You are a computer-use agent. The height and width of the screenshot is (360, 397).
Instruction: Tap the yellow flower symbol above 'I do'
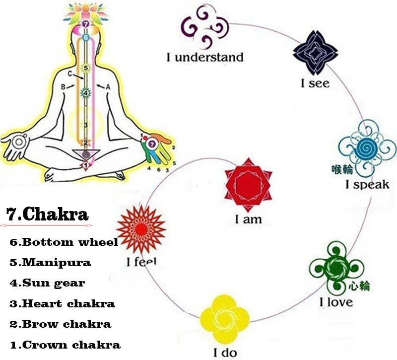tap(224, 318)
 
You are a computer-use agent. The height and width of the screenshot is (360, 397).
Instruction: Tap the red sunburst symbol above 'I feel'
tap(141, 229)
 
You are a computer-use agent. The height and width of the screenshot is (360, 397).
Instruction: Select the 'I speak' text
tap(367, 185)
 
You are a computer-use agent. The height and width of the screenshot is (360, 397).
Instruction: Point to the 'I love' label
tap(336, 302)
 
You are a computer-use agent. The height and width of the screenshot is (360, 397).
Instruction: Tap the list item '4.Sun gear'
tap(48, 283)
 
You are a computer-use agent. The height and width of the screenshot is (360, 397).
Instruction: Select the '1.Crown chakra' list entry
tap(65, 345)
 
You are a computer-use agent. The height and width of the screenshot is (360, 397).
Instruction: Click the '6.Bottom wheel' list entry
tap(64, 242)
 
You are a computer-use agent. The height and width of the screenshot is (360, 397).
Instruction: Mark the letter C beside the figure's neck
tap(70, 74)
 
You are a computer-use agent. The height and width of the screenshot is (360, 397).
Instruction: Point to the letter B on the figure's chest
tap(64, 86)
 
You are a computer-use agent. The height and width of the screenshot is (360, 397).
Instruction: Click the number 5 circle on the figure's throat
tap(85, 69)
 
